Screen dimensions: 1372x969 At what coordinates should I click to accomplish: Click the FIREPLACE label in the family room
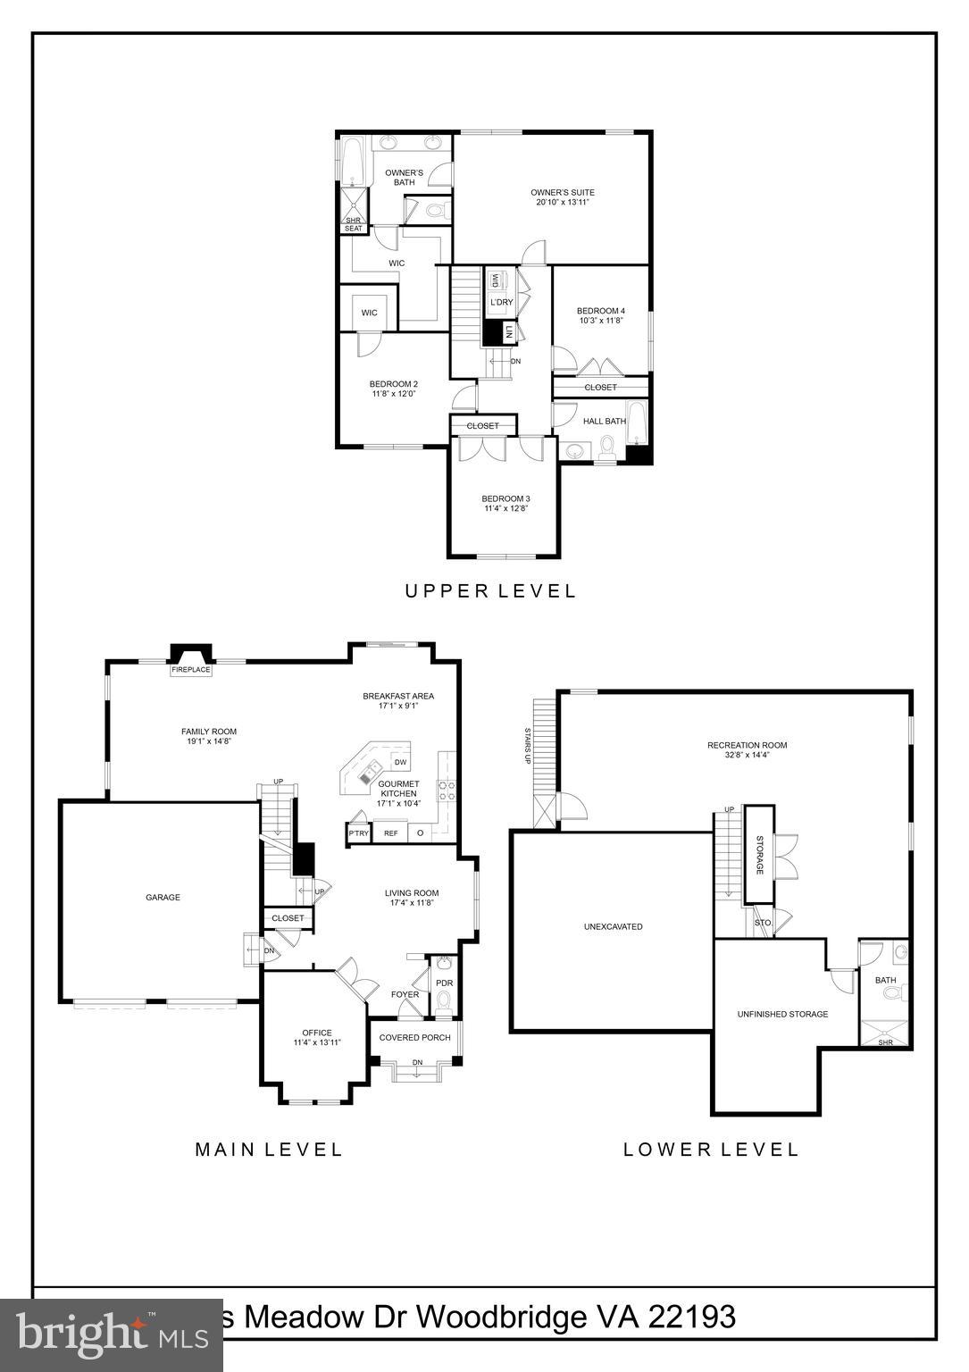(192, 669)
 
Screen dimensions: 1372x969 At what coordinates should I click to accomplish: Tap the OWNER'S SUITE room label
(562, 192)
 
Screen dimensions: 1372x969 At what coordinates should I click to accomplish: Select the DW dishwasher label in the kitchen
(400, 762)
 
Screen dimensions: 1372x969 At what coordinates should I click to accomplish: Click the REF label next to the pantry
(390, 833)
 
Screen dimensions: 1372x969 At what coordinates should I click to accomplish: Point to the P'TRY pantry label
(358, 833)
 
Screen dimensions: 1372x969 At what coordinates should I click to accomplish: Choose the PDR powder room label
(444, 983)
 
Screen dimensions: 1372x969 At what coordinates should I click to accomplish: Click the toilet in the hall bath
(608, 447)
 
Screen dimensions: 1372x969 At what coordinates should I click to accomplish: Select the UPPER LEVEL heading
(490, 590)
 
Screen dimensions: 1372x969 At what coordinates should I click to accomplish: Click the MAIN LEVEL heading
(268, 1149)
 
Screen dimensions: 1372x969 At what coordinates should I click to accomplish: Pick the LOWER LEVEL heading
(710, 1149)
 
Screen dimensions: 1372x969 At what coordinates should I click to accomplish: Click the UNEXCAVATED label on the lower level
(613, 926)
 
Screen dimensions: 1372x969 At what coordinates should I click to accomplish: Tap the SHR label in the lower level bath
(885, 1042)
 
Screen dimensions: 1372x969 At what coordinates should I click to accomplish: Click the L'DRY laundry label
(501, 302)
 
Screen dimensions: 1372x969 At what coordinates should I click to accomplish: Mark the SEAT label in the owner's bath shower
(354, 229)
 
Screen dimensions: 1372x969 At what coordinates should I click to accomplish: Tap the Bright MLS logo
(112, 1335)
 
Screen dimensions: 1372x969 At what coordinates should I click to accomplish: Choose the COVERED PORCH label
(415, 1037)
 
